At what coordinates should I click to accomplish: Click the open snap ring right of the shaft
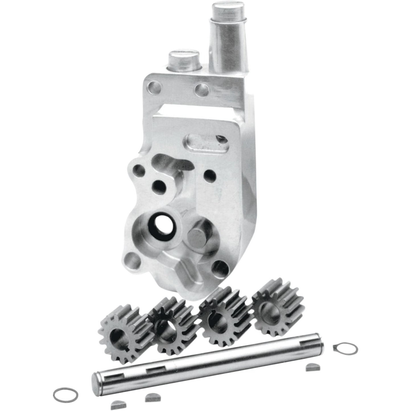coord(345,349)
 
